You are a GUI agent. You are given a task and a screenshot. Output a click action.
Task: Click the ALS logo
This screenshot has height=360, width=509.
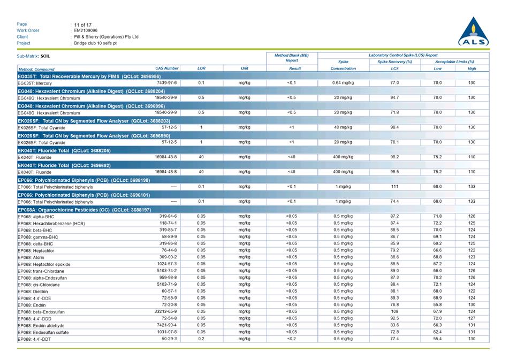[x=473, y=33]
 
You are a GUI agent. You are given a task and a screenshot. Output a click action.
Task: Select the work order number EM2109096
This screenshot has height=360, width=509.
[x=86, y=30]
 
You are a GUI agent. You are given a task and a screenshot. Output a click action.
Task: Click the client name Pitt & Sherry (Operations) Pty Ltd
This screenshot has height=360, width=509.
[x=106, y=37]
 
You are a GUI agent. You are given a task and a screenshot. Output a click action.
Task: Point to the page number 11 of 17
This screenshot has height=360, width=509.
[x=83, y=25]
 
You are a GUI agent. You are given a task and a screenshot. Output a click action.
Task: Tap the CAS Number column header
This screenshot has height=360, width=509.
[x=167, y=68]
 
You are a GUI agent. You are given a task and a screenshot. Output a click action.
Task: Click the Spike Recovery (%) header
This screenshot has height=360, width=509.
[x=394, y=62]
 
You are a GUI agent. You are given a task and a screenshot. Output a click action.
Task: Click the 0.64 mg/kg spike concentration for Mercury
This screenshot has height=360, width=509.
[x=343, y=83]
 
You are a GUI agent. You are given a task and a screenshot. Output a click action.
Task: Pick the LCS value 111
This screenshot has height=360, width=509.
[x=394, y=187]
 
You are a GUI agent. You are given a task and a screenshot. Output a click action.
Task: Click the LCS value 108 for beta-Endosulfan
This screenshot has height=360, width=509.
[x=394, y=311]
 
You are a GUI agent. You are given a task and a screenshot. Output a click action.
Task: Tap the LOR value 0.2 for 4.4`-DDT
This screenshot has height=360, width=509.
[x=201, y=339]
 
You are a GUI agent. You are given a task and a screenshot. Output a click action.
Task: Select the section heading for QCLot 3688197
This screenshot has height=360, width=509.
[x=84, y=210]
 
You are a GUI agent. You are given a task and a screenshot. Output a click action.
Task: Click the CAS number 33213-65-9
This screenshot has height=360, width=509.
[x=164, y=311]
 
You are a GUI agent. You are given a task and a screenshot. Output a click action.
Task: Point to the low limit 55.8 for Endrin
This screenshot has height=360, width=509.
[x=438, y=305]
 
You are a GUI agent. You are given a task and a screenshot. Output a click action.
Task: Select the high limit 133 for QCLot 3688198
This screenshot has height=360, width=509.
[x=472, y=187]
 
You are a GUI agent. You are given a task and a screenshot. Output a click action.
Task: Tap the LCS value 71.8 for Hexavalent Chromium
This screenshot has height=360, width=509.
[x=394, y=113]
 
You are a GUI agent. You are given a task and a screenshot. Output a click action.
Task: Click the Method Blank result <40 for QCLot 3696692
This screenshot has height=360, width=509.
[x=291, y=172]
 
